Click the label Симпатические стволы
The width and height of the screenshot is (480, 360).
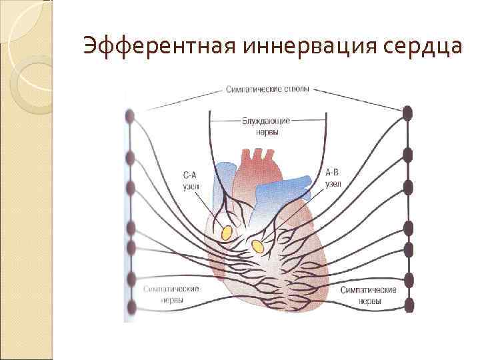[x=267, y=89]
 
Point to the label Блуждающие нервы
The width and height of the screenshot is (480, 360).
[x=267, y=127]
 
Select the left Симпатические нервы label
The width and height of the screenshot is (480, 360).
[x=171, y=294]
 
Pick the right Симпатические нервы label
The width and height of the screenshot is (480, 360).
[x=368, y=295]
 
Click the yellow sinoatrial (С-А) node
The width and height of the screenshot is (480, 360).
[x=227, y=233]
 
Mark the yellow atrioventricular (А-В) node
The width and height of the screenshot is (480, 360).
[x=257, y=247]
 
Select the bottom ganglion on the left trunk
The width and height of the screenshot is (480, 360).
[x=130, y=307]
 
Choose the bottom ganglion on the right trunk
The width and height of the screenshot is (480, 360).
[x=409, y=305]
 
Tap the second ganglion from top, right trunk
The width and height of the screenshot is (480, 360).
[x=407, y=155]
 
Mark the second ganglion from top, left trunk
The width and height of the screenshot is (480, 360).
[x=130, y=158]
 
